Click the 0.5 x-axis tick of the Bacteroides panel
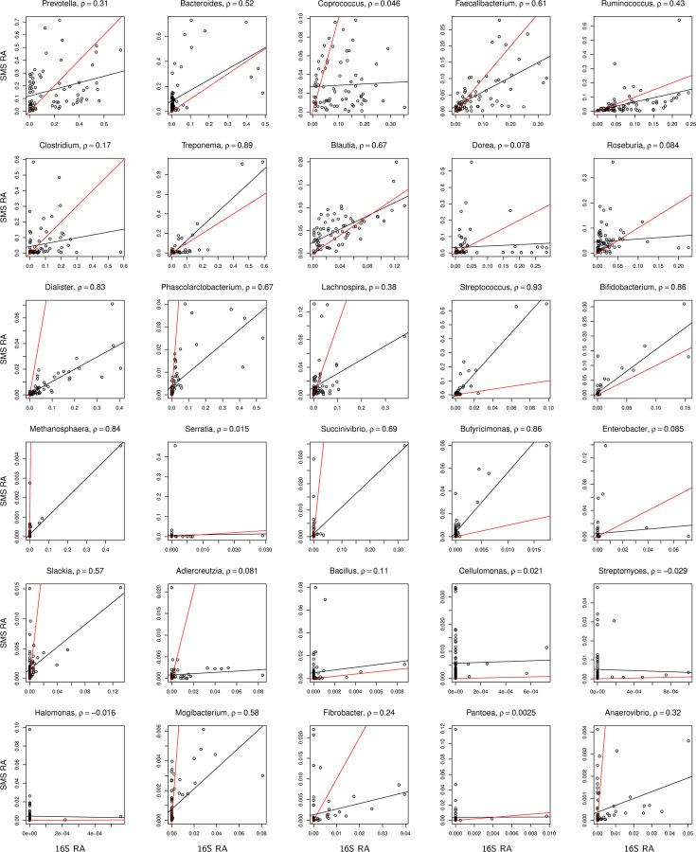(x=265, y=118)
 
